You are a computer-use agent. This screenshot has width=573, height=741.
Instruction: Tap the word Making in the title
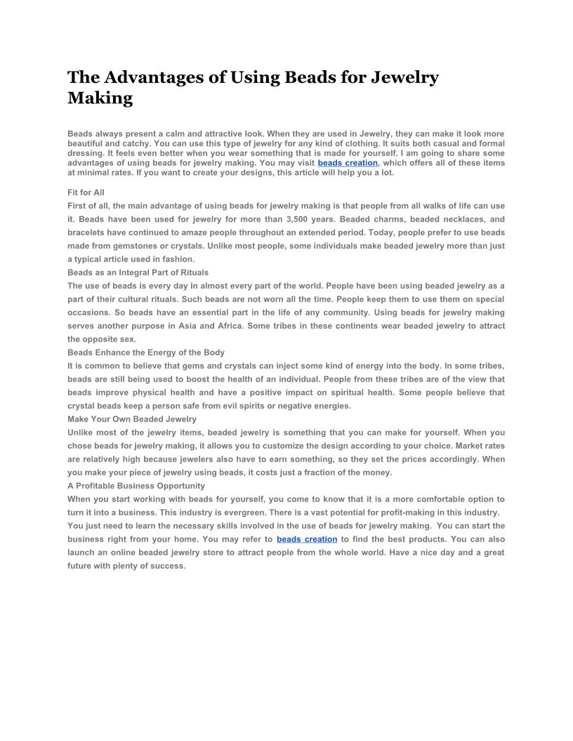100,98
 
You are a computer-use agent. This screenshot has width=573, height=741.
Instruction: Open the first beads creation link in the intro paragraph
348,163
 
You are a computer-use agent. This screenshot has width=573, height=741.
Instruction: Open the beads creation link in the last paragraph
307,540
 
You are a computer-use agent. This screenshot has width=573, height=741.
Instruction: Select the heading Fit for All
86,192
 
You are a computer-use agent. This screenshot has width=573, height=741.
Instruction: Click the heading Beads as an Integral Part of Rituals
138,272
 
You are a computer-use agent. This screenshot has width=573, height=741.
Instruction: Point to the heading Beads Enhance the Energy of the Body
146,352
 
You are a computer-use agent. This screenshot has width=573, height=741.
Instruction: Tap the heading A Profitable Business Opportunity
136,486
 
